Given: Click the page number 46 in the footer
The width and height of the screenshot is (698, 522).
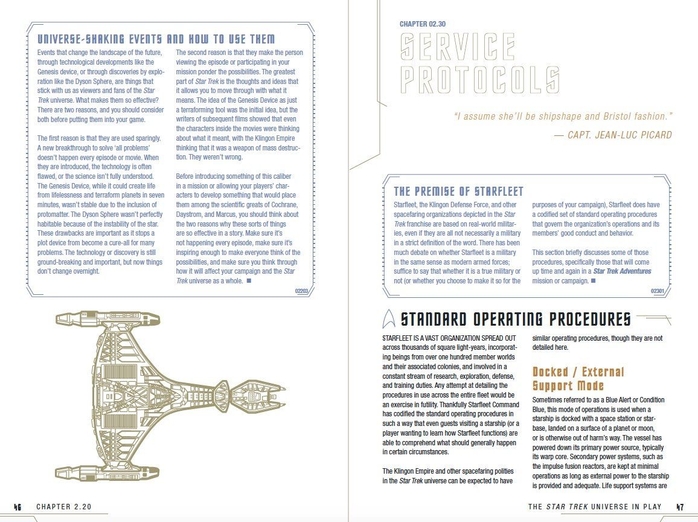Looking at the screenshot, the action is click(18, 507).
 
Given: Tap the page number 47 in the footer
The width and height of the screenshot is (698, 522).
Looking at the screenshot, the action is click(680, 507).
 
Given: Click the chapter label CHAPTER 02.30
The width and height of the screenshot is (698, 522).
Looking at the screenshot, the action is click(423, 24).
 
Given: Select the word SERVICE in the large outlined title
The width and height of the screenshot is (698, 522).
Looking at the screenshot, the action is click(458, 47).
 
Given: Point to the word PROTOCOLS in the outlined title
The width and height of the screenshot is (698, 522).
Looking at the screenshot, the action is click(479, 80).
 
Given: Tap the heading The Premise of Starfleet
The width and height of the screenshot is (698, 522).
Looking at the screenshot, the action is click(458, 192).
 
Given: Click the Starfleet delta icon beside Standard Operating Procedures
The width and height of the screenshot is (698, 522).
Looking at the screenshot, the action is click(389, 318).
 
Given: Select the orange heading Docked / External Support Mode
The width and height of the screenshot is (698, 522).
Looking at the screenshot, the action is click(578, 379).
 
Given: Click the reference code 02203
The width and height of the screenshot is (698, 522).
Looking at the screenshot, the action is click(301, 291).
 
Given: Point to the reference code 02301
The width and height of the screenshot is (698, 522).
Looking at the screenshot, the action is click(658, 291).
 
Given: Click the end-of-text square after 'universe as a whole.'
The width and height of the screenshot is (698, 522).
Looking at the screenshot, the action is click(249, 280).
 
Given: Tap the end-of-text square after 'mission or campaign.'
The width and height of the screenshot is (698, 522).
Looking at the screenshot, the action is click(593, 280).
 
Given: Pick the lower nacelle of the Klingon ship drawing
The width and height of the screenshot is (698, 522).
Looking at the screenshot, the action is click(107, 473).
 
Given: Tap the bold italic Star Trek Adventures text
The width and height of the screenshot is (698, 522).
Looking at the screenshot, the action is click(623, 271).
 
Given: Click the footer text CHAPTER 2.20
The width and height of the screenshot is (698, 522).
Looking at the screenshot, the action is click(63, 507).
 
